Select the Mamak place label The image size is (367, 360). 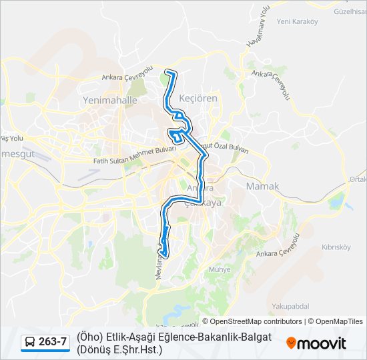262,186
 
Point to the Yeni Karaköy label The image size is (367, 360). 296,21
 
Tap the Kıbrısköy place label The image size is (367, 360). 336,247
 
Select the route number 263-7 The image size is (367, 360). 53,343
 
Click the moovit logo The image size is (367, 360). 317,343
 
